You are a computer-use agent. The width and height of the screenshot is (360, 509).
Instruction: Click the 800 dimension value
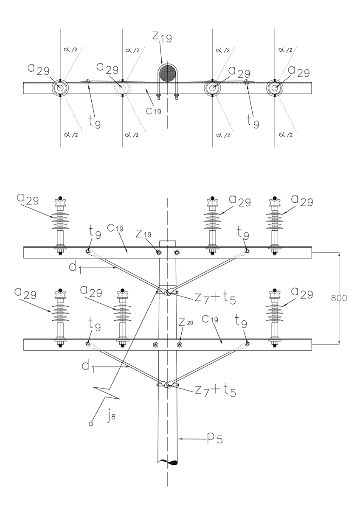click(339, 298)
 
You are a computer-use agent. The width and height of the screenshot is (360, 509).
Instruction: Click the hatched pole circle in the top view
click(168, 73)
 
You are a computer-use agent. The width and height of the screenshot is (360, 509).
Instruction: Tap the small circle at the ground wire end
click(91, 423)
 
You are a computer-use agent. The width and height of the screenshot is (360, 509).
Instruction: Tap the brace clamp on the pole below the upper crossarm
click(168, 292)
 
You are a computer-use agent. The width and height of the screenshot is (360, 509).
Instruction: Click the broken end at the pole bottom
click(168, 462)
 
